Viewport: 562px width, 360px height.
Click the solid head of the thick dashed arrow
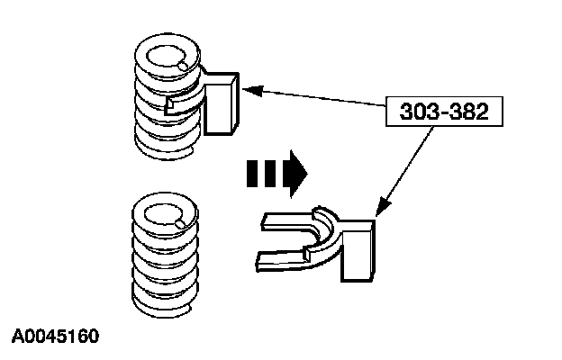click(x=295, y=172)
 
